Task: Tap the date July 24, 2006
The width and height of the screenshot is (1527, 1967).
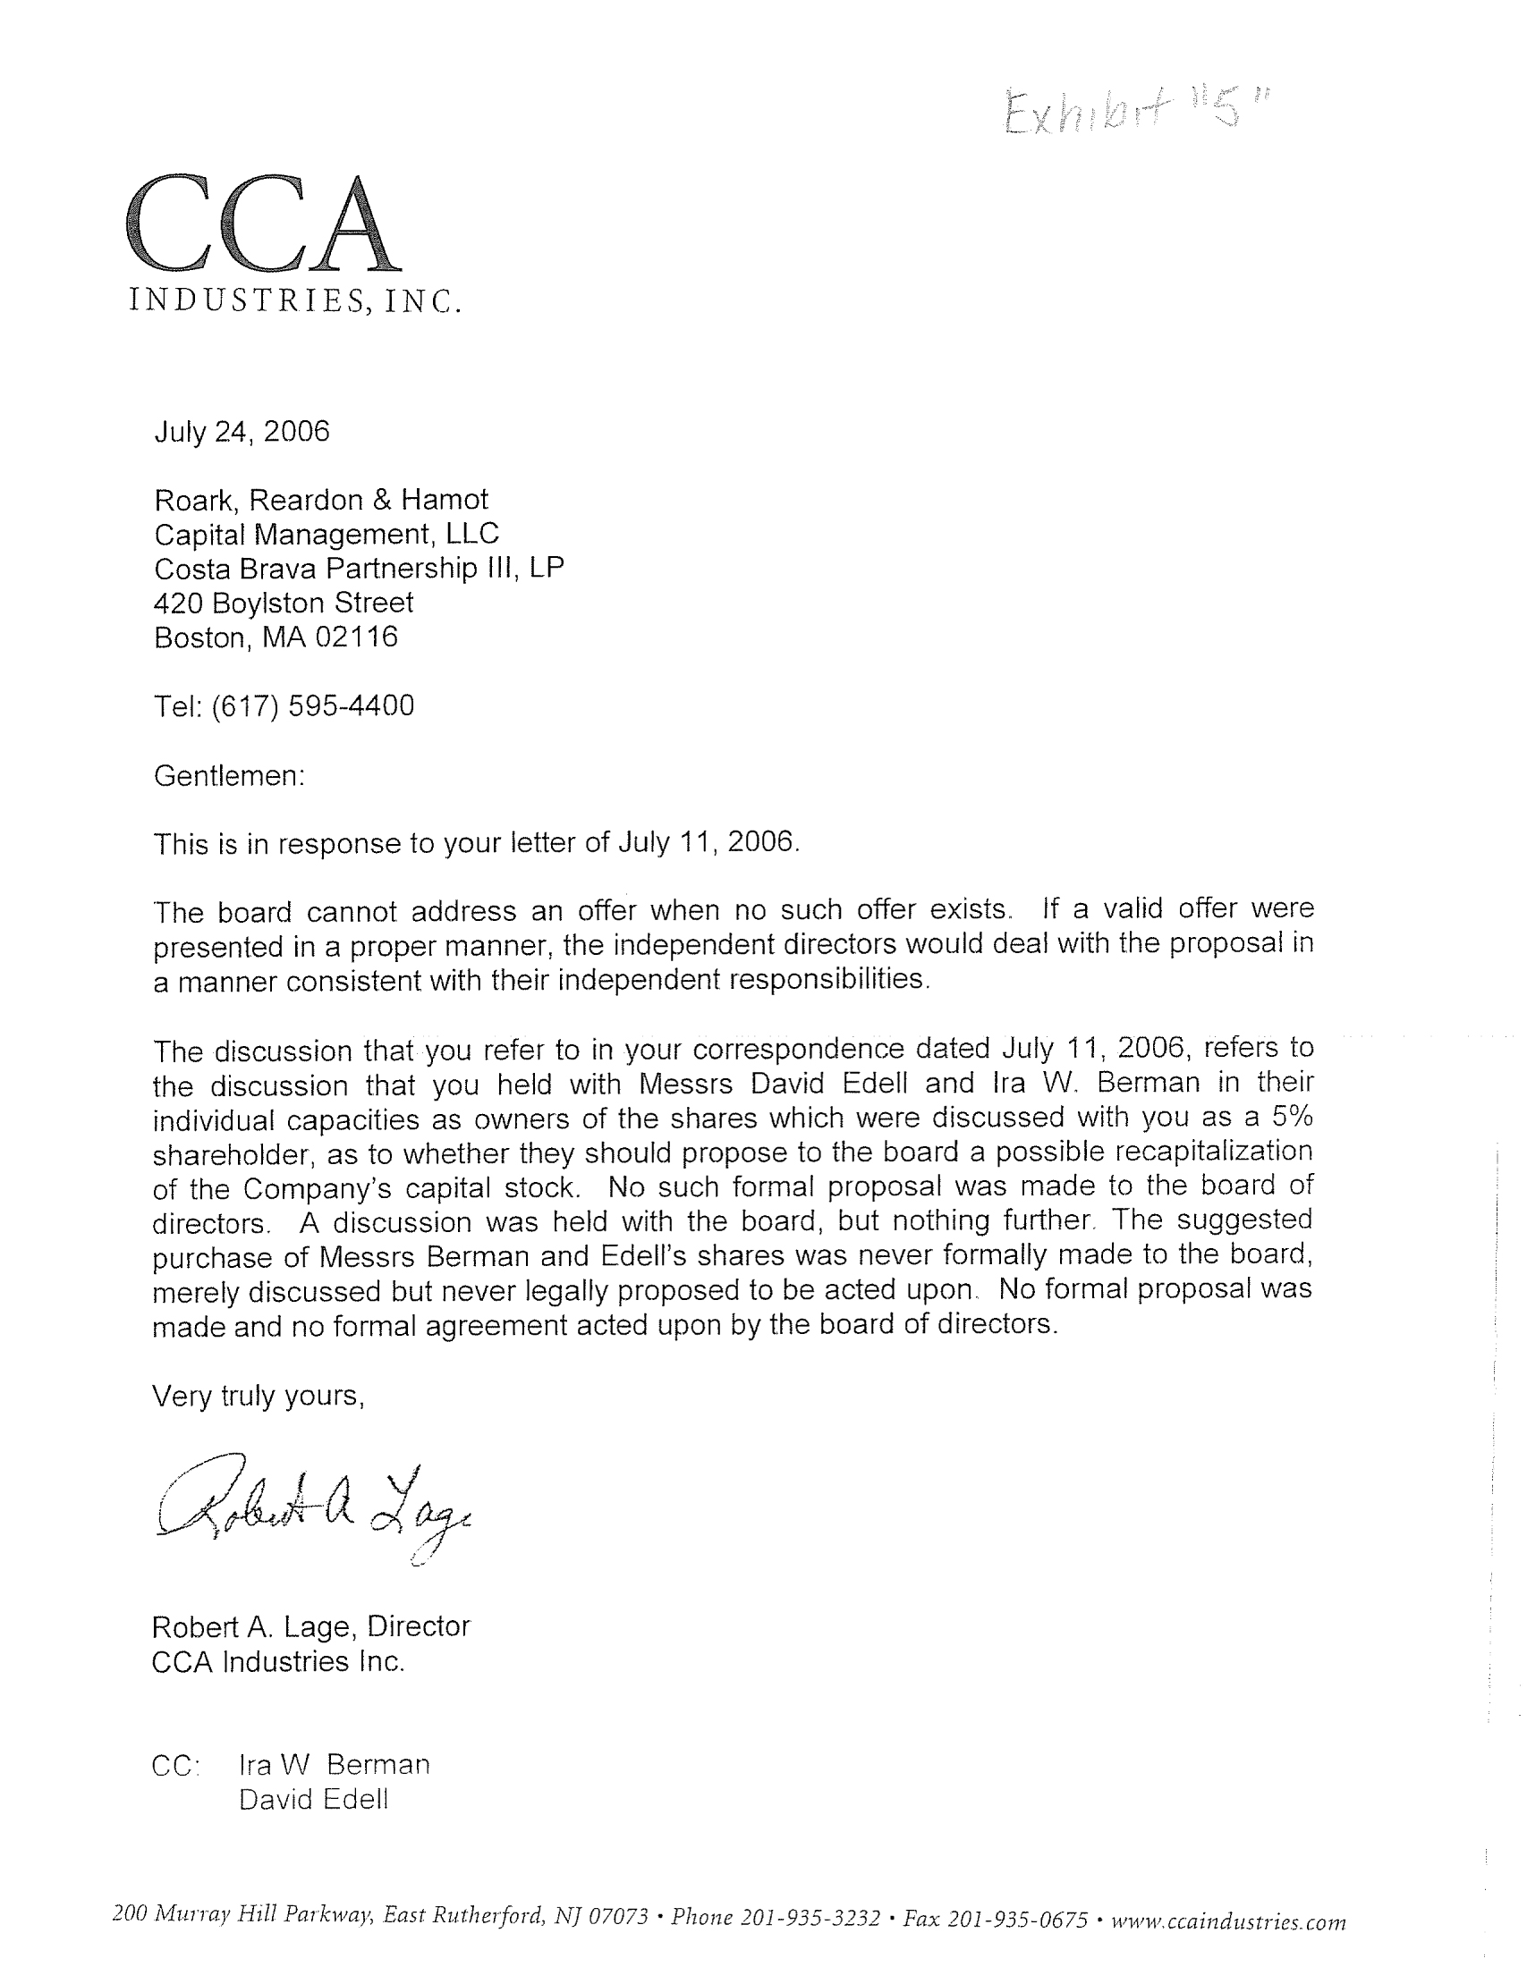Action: (242, 432)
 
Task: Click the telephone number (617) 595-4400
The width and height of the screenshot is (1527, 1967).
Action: (312, 705)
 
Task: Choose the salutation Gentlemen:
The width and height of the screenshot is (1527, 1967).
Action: (230, 775)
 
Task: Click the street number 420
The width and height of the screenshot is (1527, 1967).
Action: (178, 603)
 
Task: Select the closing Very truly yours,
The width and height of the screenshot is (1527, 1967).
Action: (258, 1395)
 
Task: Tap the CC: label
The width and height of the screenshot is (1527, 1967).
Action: (175, 1765)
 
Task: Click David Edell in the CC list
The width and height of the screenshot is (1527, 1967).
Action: (313, 1800)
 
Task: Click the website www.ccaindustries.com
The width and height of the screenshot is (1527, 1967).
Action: (1229, 1921)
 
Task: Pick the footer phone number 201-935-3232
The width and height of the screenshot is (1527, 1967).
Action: (810, 1917)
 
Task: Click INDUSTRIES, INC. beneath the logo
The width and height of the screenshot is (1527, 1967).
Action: (295, 300)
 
